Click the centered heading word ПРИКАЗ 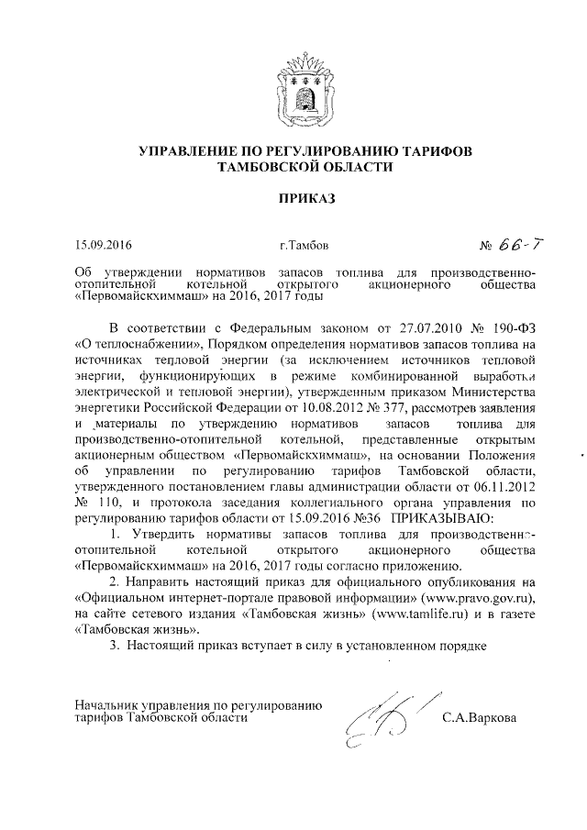(294, 197)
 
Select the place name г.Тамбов (299, 246)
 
